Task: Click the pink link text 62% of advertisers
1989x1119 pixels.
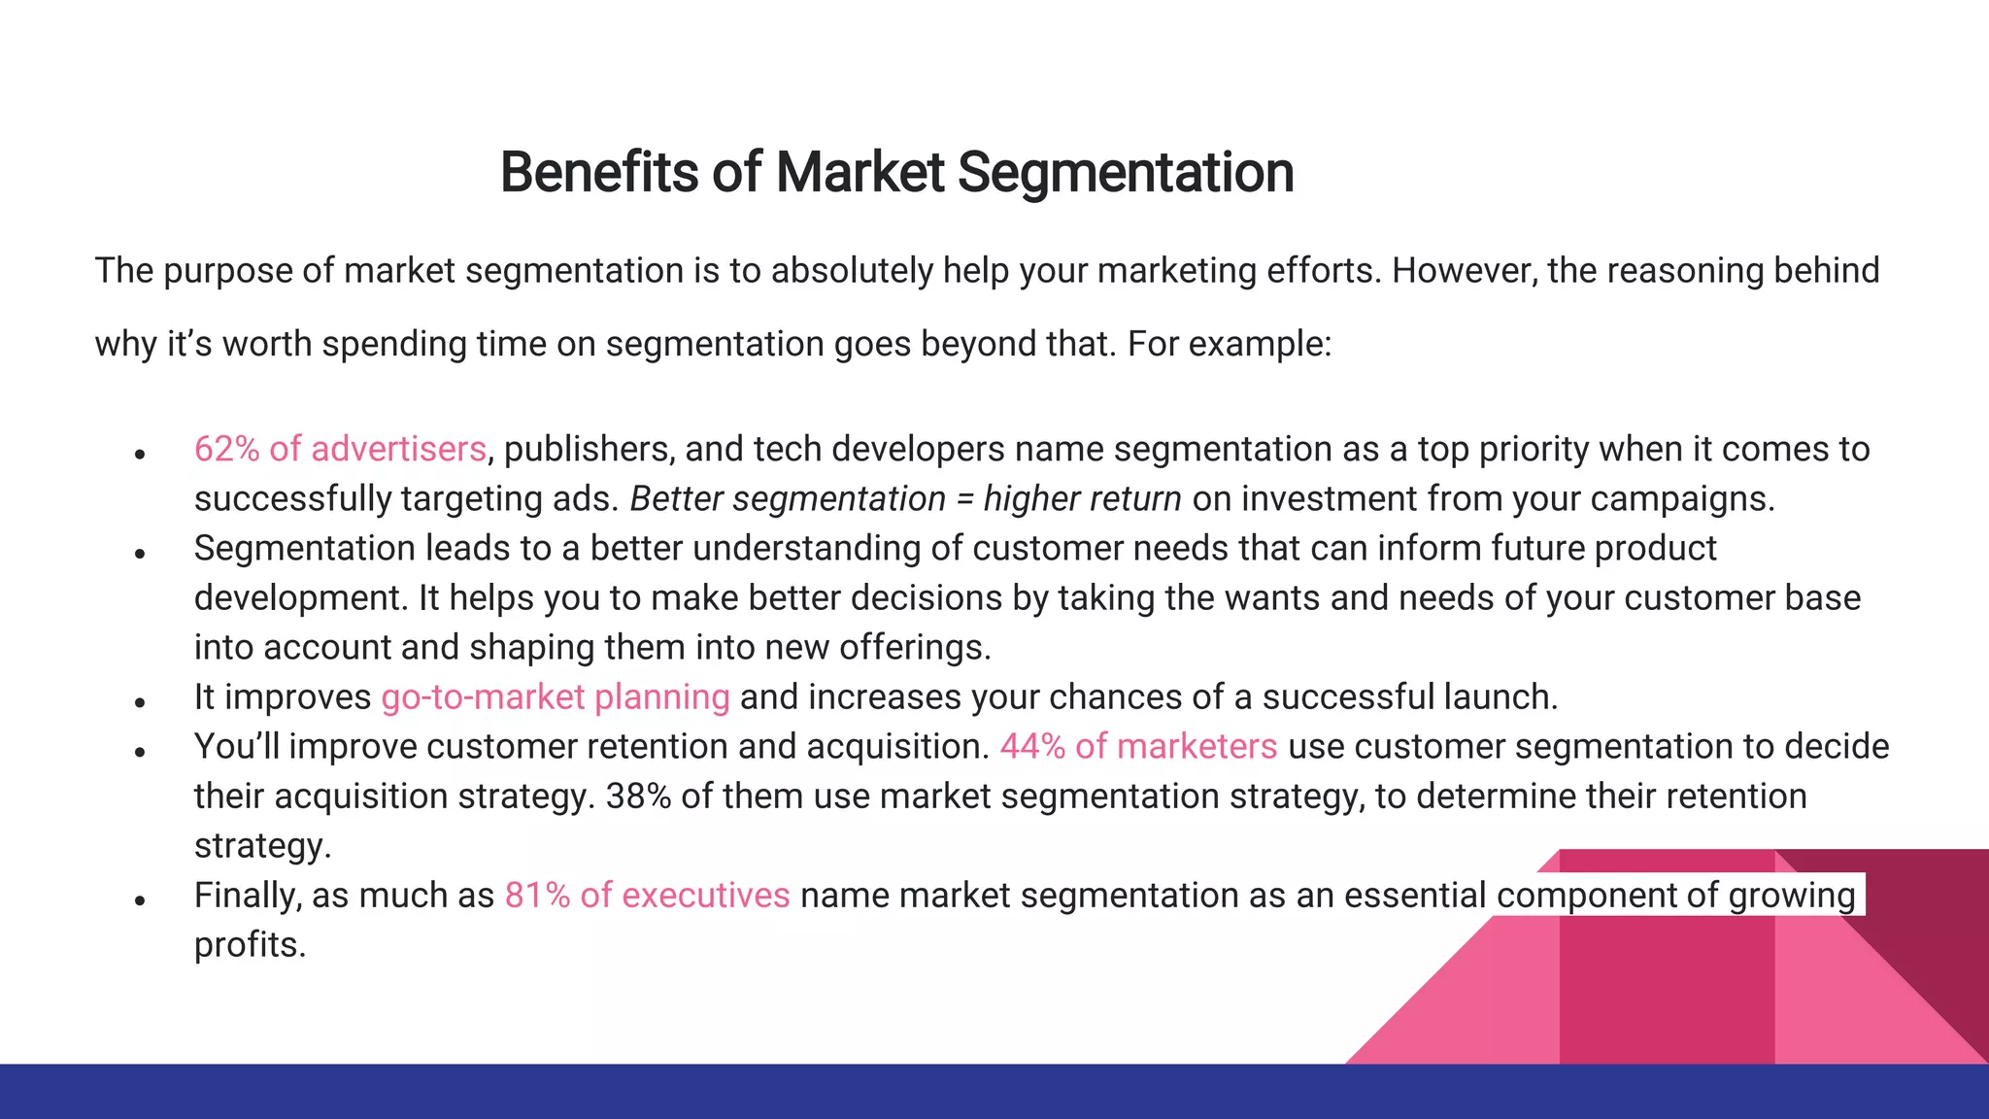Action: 340,449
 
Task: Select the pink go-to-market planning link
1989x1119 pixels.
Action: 555,697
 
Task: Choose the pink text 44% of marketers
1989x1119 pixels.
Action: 1138,747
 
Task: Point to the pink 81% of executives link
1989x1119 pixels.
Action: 647,896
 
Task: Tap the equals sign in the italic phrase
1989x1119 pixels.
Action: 964,499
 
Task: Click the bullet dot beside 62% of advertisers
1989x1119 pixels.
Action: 140,454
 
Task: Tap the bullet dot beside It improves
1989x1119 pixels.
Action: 140,702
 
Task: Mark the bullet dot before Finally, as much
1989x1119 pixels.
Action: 140,900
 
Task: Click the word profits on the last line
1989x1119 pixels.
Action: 249,945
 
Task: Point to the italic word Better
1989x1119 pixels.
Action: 676,499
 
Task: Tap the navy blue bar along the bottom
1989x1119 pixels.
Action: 994,1092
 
